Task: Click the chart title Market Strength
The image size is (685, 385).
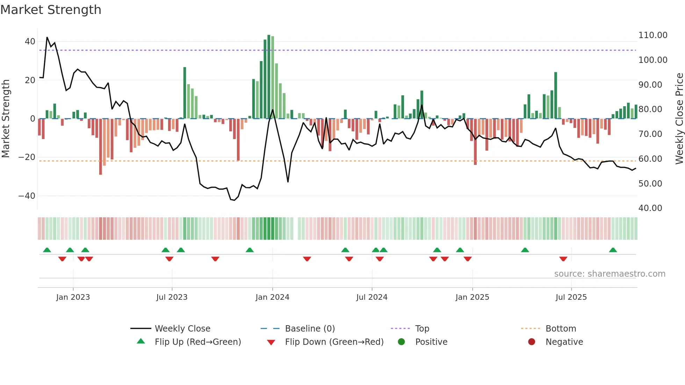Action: point(51,10)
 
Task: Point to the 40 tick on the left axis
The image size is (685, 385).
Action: point(30,42)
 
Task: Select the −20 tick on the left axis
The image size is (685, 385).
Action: point(27,157)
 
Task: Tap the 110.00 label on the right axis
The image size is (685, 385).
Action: point(652,35)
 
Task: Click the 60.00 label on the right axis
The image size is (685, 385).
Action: point(650,159)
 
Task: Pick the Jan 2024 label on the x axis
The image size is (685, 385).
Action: point(272,297)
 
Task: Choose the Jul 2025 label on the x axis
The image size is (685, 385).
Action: point(571,297)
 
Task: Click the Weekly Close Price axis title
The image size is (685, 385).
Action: point(679,119)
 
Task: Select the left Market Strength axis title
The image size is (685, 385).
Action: point(6,119)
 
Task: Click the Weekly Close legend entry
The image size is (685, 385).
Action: point(182,329)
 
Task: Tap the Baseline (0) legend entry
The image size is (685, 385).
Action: point(310,329)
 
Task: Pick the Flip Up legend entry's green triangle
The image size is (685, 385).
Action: point(141,341)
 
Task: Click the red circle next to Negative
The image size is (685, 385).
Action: point(532,342)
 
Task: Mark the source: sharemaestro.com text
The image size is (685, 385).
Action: point(610,274)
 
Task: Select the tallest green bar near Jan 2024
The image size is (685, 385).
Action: point(269,77)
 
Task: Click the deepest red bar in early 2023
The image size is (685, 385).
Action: point(101,147)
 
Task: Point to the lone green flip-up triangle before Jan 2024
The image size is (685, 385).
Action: point(250,250)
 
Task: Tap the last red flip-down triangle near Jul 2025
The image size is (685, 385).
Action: point(563,259)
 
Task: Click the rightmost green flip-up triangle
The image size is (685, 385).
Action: point(613,250)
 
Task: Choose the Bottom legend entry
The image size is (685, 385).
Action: point(561,329)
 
